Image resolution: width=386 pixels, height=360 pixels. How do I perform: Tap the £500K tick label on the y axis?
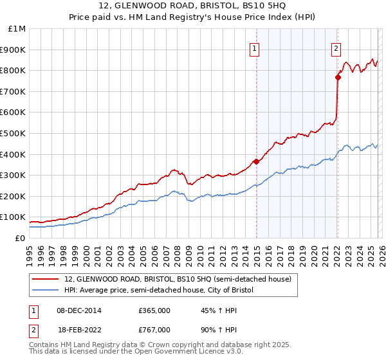click(x=14, y=133)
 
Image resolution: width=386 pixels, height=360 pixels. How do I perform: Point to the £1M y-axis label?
click(x=17, y=29)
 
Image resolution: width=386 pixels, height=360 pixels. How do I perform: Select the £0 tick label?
click(x=20, y=238)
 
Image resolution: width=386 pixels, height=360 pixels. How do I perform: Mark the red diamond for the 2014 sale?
click(x=256, y=161)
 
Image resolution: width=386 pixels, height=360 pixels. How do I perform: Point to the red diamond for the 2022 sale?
click(x=338, y=77)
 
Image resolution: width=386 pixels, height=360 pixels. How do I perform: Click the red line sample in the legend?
click(x=46, y=279)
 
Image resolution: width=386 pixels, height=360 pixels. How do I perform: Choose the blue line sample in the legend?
click(x=46, y=291)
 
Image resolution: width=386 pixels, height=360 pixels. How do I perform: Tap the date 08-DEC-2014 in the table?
click(x=79, y=310)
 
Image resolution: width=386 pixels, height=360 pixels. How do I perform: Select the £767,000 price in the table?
click(x=154, y=329)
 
